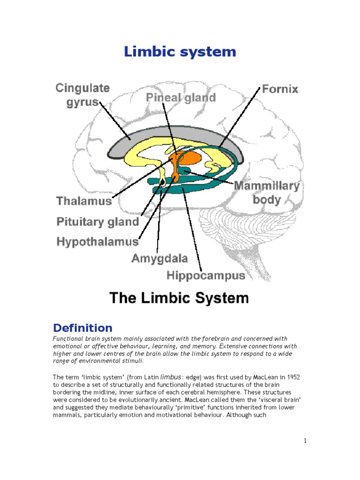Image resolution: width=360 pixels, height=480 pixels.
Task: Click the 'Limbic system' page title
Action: click(x=180, y=52)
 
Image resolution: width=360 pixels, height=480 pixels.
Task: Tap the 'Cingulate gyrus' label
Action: click(x=82, y=95)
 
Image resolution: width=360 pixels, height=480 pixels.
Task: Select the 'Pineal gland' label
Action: click(x=180, y=98)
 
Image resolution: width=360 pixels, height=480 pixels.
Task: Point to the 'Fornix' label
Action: click(x=280, y=89)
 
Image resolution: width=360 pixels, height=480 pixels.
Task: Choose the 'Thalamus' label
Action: click(x=84, y=201)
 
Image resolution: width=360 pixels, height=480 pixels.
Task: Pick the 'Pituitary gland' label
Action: click(x=97, y=222)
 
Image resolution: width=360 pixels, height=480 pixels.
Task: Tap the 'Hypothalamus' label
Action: click(x=97, y=242)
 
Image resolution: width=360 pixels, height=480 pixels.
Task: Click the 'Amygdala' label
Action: click(x=159, y=258)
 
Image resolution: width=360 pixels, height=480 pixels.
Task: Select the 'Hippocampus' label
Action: click(x=206, y=276)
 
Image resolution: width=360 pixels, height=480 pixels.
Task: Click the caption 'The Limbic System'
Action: click(x=179, y=298)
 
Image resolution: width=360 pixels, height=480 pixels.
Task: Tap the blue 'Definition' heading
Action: click(x=82, y=328)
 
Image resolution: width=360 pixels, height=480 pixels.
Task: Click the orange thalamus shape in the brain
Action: click(x=188, y=157)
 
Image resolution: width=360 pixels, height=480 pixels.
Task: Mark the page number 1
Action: click(x=305, y=441)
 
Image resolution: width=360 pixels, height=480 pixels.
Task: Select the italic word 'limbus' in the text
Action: click(x=170, y=376)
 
